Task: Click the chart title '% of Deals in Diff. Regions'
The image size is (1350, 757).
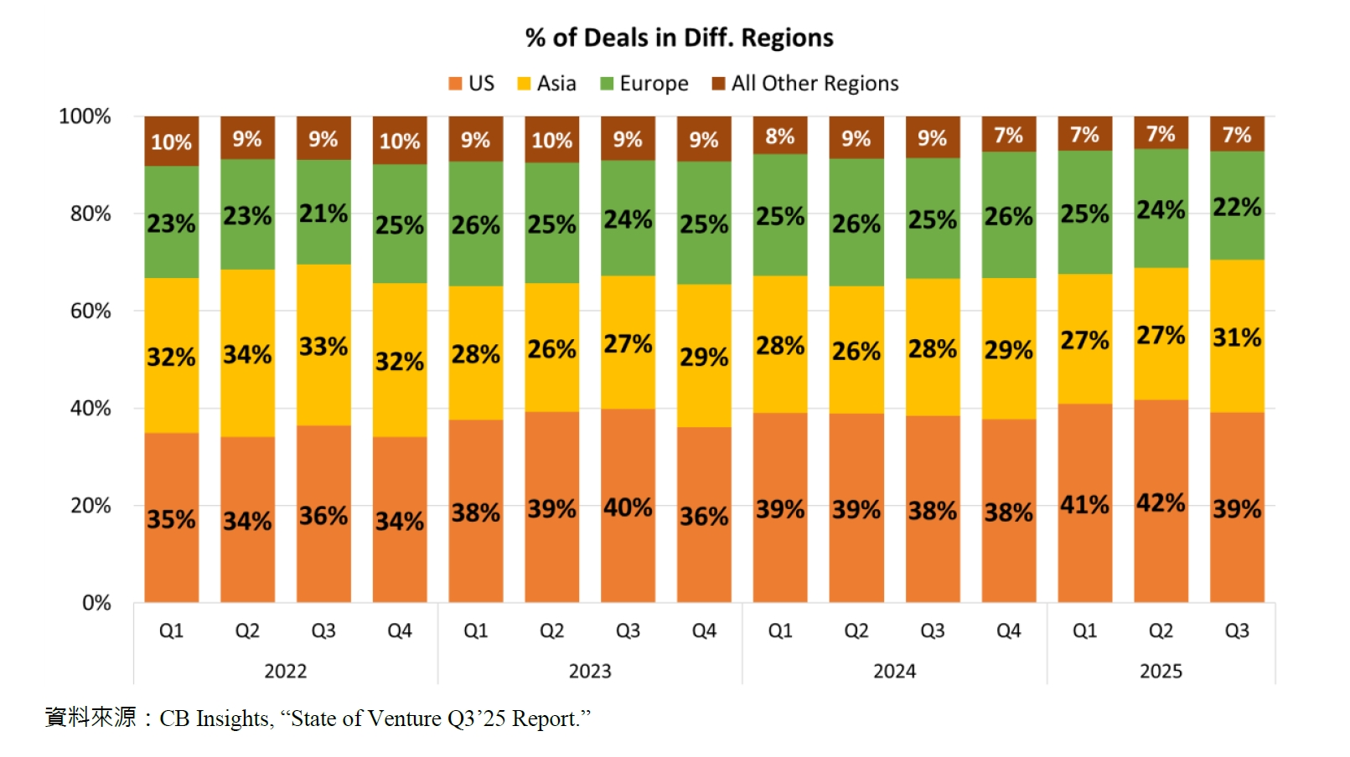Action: pyautogui.click(x=679, y=38)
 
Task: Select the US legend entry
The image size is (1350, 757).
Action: pyautogui.click(x=472, y=84)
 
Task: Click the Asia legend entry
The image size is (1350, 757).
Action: pyautogui.click(x=547, y=84)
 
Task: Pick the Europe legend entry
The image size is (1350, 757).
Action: pyautogui.click(x=644, y=84)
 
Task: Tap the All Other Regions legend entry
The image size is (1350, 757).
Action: pyautogui.click(x=805, y=84)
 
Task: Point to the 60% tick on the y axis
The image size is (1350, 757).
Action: pyautogui.click(x=91, y=312)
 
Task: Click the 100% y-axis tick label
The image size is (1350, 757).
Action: pyautogui.click(x=85, y=116)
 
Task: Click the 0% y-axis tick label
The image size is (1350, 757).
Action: pyautogui.click(x=96, y=603)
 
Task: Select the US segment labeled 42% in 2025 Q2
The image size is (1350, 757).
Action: pyautogui.click(x=1161, y=502)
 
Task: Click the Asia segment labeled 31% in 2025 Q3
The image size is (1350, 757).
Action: pyautogui.click(x=1237, y=337)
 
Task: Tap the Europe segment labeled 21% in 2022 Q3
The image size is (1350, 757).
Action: pyautogui.click(x=323, y=213)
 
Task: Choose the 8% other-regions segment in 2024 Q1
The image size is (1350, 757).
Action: pyautogui.click(x=779, y=136)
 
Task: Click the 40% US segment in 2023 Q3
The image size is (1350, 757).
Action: pyautogui.click(x=628, y=506)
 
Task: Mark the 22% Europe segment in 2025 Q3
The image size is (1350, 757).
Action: pyautogui.click(x=1237, y=206)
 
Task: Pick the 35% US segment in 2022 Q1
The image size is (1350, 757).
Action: pyautogui.click(x=171, y=518)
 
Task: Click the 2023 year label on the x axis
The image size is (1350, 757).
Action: pyautogui.click(x=590, y=672)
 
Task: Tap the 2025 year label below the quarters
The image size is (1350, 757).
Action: pyautogui.click(x=1161, y=672)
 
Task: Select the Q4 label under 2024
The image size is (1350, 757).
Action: pyautogui.click(x=1008, y=631)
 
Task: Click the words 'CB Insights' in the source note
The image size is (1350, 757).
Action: pyautogui.click(x=215, y=719)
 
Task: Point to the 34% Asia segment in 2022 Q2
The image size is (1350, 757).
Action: pyautogui.click(x=247, y=353)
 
